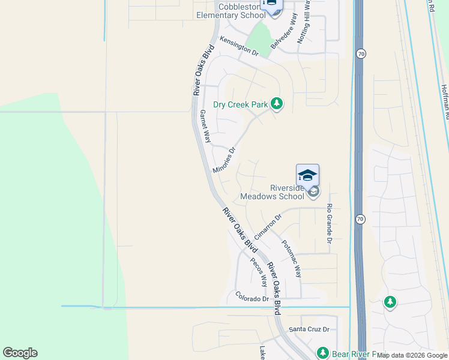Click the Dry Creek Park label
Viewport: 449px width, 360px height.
point(243,104)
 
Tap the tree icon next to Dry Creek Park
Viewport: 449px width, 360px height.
point(276,104)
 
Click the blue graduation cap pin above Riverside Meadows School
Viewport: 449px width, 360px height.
point(307,175)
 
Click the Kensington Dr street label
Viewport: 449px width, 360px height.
point(238,46)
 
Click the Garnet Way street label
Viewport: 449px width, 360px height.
point(205,125)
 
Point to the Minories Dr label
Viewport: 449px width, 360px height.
point(224,161)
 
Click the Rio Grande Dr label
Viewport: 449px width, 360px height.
point(329,223)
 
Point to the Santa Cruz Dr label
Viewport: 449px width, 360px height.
point(310,329)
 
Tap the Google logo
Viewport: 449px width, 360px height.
point(20,353)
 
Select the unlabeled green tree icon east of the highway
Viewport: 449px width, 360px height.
point(390,302)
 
